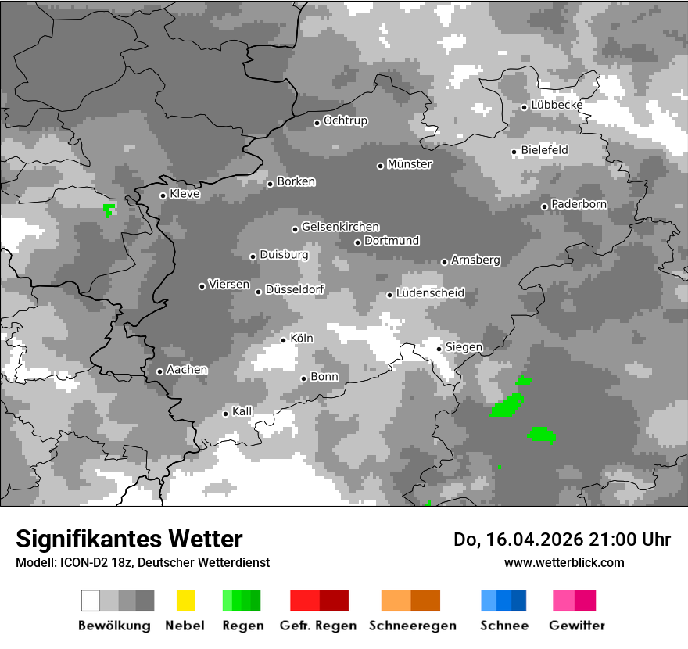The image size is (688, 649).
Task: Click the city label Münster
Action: coord(410,164)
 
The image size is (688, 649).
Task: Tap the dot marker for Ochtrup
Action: coord(317,123)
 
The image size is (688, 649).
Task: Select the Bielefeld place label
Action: coord(544,150)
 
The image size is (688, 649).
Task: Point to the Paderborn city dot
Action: coord(544,206)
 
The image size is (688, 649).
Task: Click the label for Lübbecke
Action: coord(557,105)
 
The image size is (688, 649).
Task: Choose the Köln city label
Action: coord(302,339)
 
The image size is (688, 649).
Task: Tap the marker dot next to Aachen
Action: coord(159,371)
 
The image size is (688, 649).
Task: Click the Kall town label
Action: coord(242,411)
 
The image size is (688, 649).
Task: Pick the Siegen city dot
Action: coord(439,349)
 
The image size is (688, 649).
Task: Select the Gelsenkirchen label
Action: coord(340,227)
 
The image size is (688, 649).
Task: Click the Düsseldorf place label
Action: coord(295,289)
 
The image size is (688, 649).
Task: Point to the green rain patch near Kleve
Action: coord(109,210)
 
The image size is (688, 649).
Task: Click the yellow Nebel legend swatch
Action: coord(185,601)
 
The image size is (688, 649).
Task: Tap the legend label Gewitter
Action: coord(577,626)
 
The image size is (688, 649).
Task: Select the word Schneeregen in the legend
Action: coord(410,626)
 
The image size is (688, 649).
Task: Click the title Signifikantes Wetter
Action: coord(129,540)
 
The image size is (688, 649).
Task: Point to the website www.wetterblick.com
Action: coord(564,562)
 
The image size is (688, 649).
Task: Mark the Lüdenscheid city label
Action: coord(430,293)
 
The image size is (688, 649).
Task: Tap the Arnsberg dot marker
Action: coord(444,262)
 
